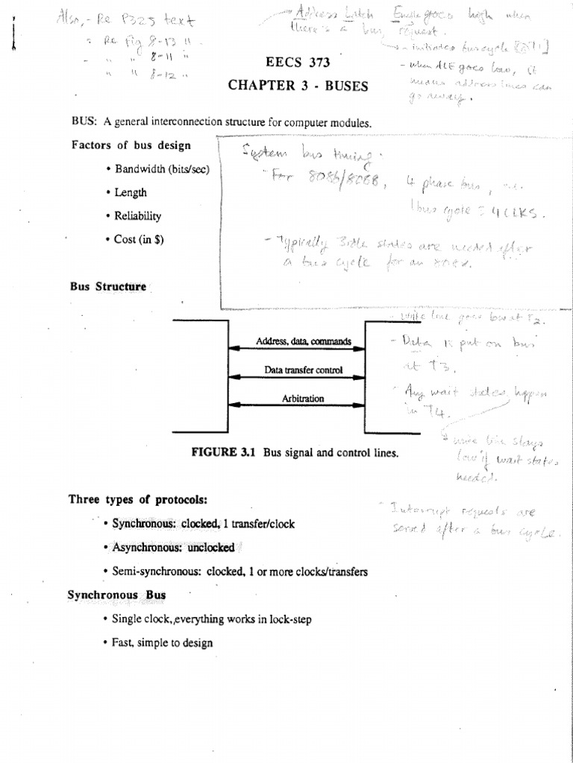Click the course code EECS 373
[x=297, y=62]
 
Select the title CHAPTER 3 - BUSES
[x=298, y=86]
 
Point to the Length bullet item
[x=131, y=192]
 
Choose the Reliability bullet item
[x=137, y=216]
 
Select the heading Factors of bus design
[x=131, y=145]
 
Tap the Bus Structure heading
[x=108, y=286]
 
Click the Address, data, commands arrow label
[x=304, y=341]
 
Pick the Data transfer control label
[x=303, y=370]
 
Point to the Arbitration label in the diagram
[x=303, y=399]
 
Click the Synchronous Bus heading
[x=116, y=595]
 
